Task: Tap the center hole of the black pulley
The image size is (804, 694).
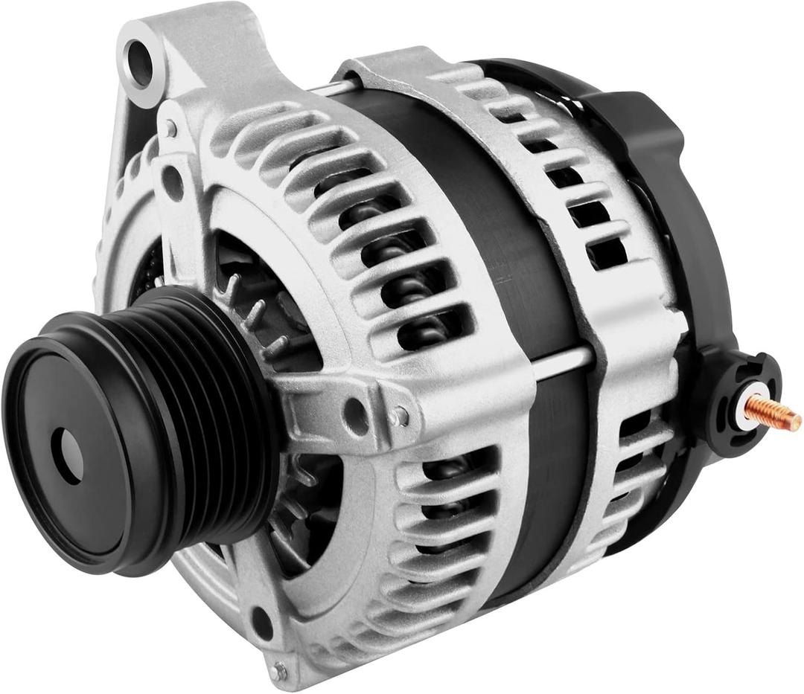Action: [68, 454]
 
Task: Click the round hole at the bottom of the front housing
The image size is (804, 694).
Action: [261, 623]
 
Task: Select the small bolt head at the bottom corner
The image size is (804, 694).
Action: [279, 672]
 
